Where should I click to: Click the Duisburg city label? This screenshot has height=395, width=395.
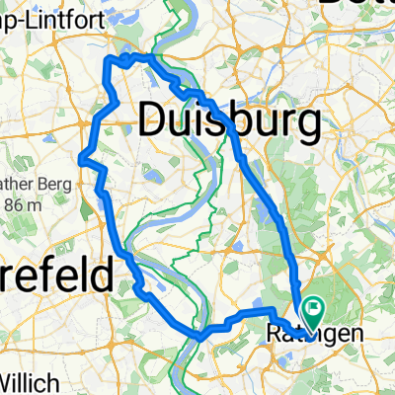[x=231, y=121]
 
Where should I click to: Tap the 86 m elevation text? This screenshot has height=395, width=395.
[x=22, y=205]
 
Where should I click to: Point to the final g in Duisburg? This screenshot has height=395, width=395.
[x=310, y=126]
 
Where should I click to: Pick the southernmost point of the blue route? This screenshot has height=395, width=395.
[x=200, y=337]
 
